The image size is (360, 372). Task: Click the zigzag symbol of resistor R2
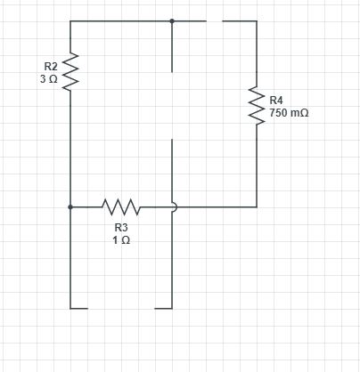click(70, 71)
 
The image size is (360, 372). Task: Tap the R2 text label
click(51, 66)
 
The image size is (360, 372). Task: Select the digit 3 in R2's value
click(43, 79)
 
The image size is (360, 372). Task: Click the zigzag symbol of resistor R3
click(121, 206)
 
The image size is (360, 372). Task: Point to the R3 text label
click(121, 228)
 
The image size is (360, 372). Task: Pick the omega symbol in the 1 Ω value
click(126, 240)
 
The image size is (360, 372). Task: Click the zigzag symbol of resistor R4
click(257, 105)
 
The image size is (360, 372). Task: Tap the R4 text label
click(276, 101)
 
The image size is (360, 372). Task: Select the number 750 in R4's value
click(278, 113)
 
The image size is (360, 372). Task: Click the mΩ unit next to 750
click(299, 113)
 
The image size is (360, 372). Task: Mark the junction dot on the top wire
click(172, 21)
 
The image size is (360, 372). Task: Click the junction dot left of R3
click(70, 206)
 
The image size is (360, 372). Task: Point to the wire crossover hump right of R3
click(176, 206)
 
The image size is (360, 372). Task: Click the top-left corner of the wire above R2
click(70, 21)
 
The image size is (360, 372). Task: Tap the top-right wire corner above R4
click(257, 21)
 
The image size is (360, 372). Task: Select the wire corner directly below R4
click(257, 206)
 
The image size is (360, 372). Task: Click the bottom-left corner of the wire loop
click(70, 309)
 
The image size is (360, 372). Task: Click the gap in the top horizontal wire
click(214, 21)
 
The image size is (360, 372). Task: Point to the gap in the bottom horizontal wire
click(121, 309)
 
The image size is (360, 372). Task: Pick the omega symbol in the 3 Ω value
click(53, 79)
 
